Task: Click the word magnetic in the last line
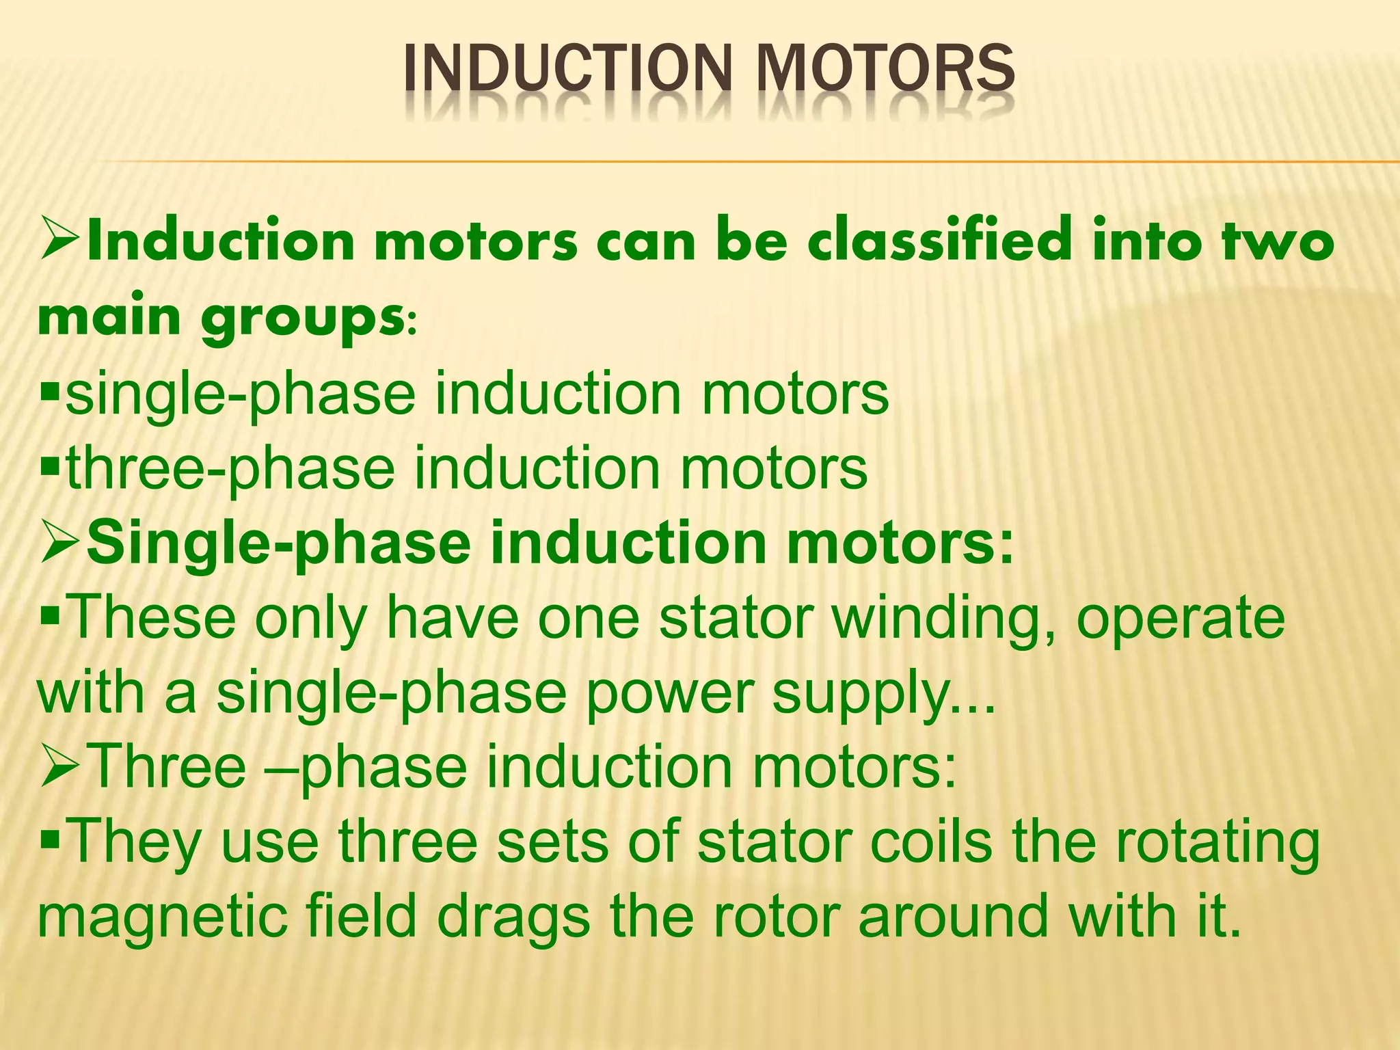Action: [161, 917]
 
